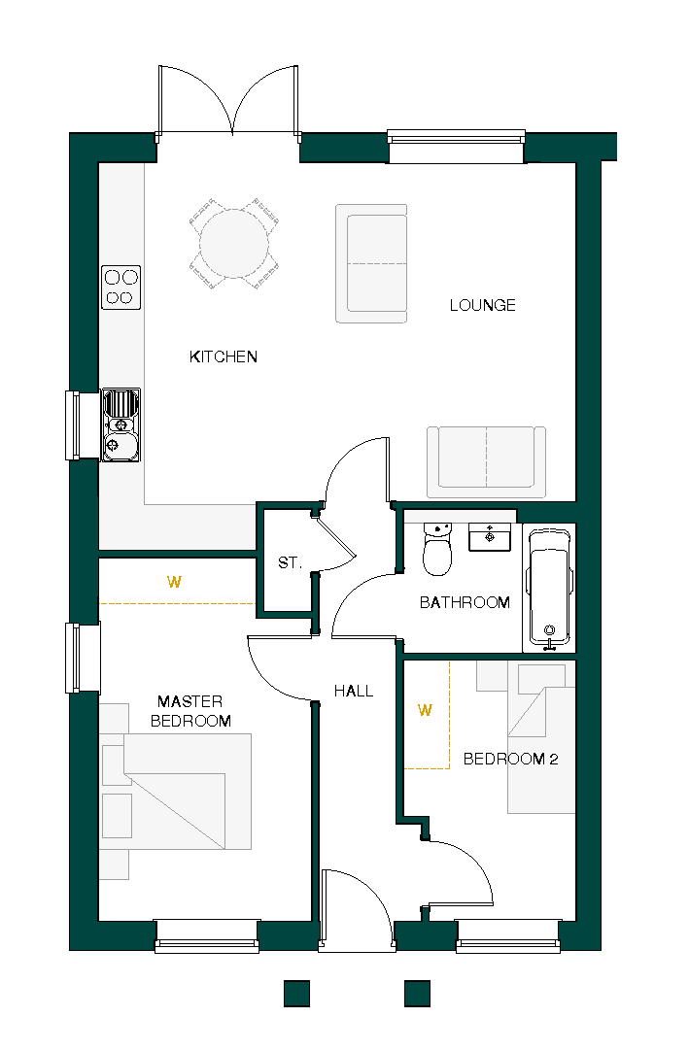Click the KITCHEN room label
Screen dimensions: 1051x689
click(224, 356)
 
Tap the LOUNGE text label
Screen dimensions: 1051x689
click(482, 305)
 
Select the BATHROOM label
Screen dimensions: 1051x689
click(465, 602)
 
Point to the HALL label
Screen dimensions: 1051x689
click(354, 691)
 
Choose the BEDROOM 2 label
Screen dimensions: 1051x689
click(510, 759)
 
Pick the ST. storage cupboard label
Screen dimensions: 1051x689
click(290, 562)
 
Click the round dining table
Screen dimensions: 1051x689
click(234, 243)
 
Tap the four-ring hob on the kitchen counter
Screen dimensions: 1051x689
click(121, 288)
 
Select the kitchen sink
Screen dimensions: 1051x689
click(121, 424)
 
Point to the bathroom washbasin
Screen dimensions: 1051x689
click(489, 536)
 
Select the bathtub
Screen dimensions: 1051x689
click(549, 590)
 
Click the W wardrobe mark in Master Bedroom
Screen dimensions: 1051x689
click(174, 582)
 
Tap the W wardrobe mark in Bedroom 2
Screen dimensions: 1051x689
click(424, 710)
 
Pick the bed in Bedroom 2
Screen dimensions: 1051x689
click(542, 748)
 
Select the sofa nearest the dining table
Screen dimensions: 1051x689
click(371, 263)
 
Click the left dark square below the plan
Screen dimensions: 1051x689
click(296, 993)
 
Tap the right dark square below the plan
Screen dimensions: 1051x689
click(417, 993)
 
